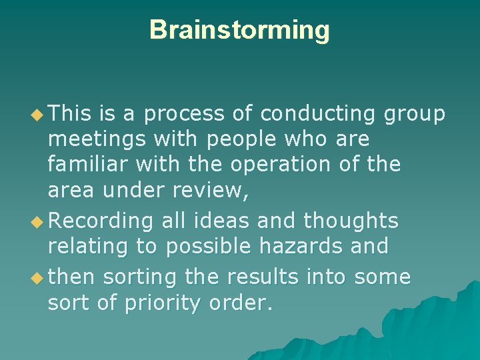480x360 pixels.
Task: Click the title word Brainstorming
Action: tap(239, 30)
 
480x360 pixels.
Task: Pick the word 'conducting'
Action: tap(318, 115)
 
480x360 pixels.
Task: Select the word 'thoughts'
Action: tap(351, 221)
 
